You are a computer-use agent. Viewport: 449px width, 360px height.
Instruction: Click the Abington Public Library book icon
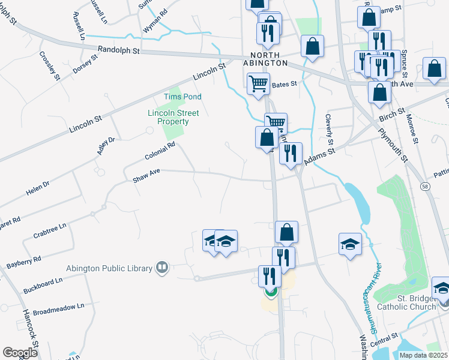tap(161, 268)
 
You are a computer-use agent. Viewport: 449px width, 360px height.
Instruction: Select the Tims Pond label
tap(182, 97)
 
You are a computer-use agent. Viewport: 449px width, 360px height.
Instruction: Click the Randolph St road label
tap(118, 51)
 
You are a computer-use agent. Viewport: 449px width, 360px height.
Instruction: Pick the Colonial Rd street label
tap(160, 151)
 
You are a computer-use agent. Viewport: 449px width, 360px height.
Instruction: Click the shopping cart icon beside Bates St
tap(258, 83)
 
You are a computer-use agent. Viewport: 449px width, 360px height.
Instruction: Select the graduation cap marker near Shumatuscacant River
tap(350, 244)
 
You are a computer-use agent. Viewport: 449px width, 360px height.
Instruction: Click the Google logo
tap(20, 352)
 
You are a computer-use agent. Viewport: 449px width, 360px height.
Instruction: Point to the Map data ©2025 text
tap(423, 355)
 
